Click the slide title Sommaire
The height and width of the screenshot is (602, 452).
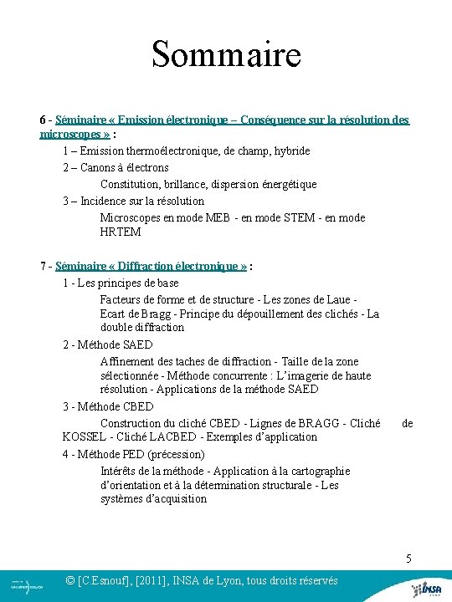pos(225,55)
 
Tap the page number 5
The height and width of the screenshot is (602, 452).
pos(408,559)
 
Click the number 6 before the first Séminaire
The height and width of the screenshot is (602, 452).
pos(43,120)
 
